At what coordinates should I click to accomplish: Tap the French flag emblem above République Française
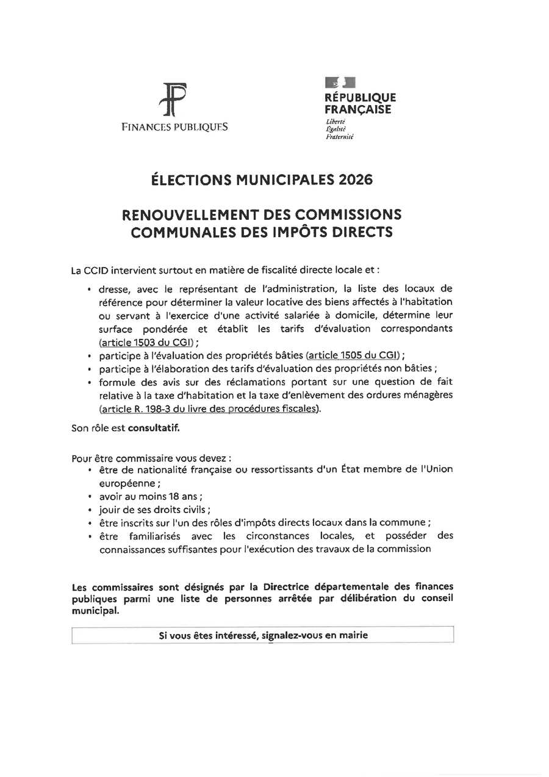click(x=340, y=82)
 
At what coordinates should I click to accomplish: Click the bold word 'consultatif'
click(x=154, y=428)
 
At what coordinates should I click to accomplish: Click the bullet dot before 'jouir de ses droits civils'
click(x=90, y=510)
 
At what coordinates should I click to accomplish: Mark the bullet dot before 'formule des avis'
click(x=90, y=382)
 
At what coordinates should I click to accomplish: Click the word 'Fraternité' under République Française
click(x=340, y=137)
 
